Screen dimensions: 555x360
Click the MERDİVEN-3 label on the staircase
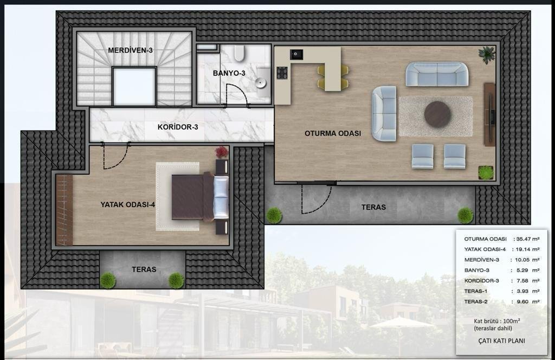[130, 50]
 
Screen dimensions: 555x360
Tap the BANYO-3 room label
[229, 73]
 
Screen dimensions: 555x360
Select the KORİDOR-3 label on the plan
[178, 127]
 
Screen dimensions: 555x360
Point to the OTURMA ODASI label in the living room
[333, 133]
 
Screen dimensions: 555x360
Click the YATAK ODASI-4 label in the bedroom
[128, 204]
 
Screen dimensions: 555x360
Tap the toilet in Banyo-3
[239, 53]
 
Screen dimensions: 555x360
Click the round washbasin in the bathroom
[261, 82]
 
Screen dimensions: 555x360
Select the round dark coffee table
[437, 114]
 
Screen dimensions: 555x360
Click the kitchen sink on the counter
[296, 54]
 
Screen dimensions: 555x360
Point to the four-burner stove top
[282, 73]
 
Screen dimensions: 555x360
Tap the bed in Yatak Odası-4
[201, 197]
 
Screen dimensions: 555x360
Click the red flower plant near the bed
[222, 152]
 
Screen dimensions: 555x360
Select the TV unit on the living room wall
[489, 114]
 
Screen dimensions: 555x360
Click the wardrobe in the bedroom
[64, 210]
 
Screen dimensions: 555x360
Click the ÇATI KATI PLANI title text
[501, 341]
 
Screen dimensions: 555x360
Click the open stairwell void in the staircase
[134, 86]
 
